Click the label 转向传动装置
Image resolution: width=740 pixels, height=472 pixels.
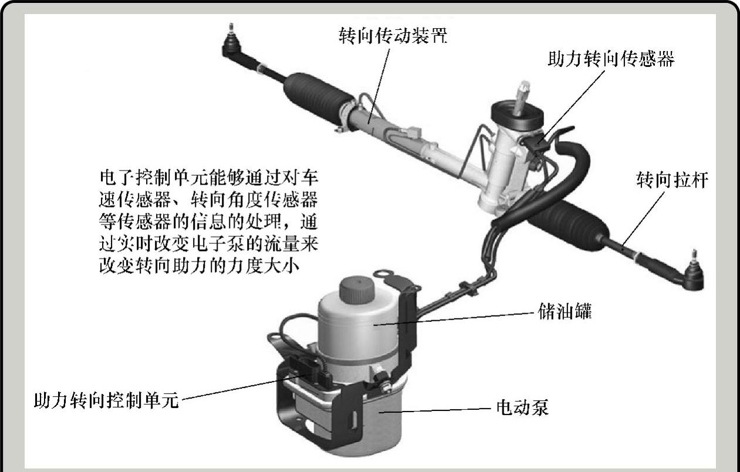393,36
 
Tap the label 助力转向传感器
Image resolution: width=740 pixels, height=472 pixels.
611,59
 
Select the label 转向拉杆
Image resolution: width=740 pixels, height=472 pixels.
673,179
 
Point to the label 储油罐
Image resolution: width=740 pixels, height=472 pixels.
565,311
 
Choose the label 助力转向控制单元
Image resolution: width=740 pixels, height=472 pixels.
106,400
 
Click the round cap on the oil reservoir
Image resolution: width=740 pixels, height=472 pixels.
357,290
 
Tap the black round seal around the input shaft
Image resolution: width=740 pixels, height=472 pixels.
517,116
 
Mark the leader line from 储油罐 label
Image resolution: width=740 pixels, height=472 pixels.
454,319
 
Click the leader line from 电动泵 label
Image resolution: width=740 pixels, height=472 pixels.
434,410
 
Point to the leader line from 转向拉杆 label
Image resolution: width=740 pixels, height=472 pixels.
643,218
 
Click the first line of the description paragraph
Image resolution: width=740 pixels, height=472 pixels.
209,178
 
